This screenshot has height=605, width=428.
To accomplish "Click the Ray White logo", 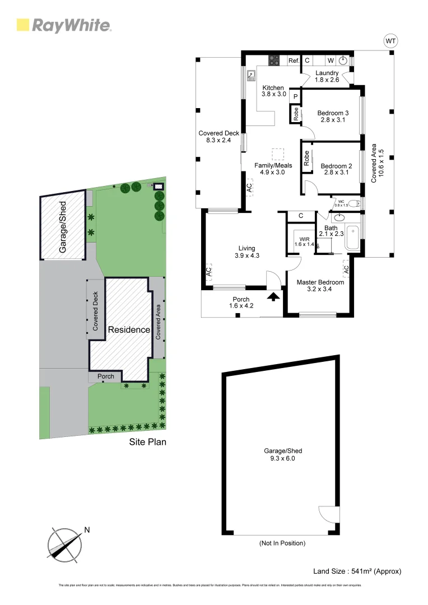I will coord(64,25).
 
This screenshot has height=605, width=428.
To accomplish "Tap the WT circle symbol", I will coord(390,41).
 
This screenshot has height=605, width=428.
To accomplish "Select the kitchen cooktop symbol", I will coord(275,59).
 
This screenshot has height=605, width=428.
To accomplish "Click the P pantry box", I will coord(295,96).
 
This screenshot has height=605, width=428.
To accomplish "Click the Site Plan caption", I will coord(147,441).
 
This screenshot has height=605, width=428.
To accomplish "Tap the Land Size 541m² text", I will coord(357,571).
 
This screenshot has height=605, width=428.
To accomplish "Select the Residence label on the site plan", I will coord(129,329).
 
